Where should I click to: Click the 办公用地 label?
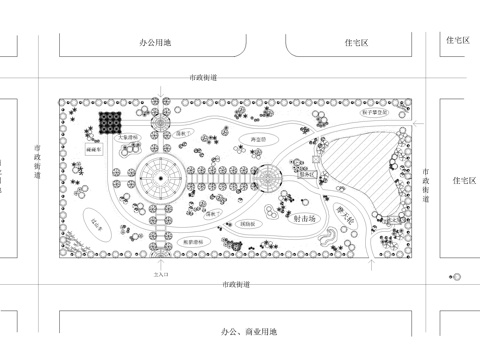pyautogui.click(x=155, y=42)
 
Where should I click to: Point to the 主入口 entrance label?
pyautogui.click(x=156, y=273)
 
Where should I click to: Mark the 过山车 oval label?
pyautogui.click(x=98, y=223)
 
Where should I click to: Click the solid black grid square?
pyautogui.click(x=109, y=125)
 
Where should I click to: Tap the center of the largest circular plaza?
pyautogui.click(x=158, y=179)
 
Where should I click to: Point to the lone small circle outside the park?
pyautogui.click(x=457, y=276)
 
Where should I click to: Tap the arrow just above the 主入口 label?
pyautogui.click(x=157, y=262)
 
